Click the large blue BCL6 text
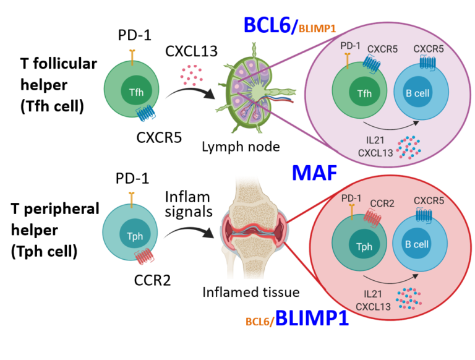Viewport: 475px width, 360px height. coord(271,25)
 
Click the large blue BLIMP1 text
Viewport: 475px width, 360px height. coord(312,319)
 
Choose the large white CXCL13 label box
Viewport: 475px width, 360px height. coord(192,51)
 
